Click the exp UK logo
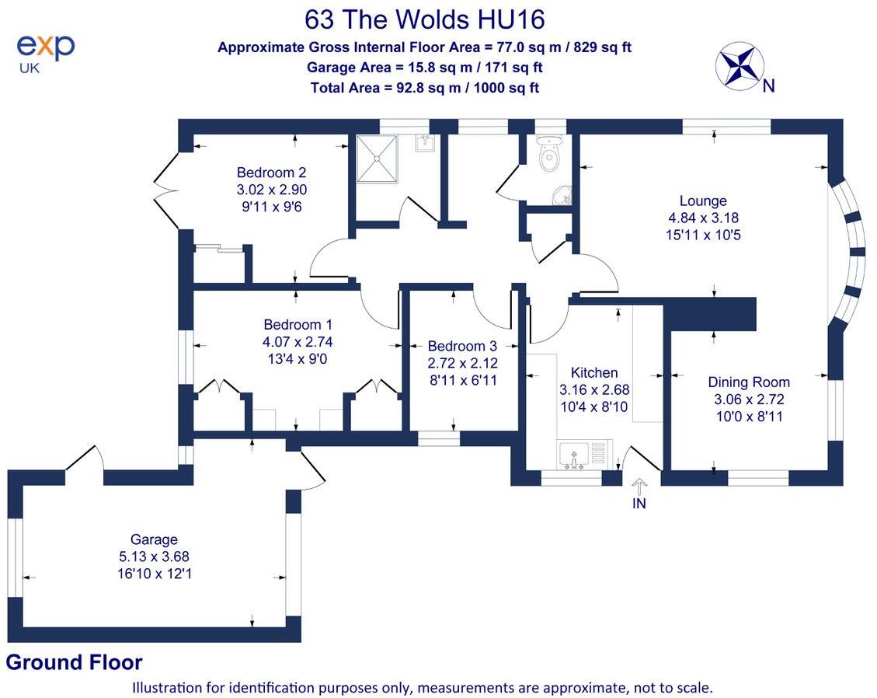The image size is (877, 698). pos(45,51)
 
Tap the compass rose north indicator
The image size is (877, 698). pos(740,65)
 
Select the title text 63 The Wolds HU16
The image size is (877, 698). pos(424,19)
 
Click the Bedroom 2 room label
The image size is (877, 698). pos(266,173)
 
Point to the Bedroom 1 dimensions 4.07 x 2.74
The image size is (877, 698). pos(298,341)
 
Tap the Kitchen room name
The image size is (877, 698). pos(594,373)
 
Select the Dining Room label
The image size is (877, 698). pos(748,382)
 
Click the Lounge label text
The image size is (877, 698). pos(702,201)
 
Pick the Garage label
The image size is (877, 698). pos(154,539)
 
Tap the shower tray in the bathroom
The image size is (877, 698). pos(378,159)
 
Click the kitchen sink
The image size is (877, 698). pos(574,454)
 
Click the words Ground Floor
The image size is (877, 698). pos(74,663)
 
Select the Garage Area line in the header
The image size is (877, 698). pos(424,68)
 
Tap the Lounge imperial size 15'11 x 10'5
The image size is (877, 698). pos(702,235)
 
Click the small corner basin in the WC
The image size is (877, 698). pos(562,196)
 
